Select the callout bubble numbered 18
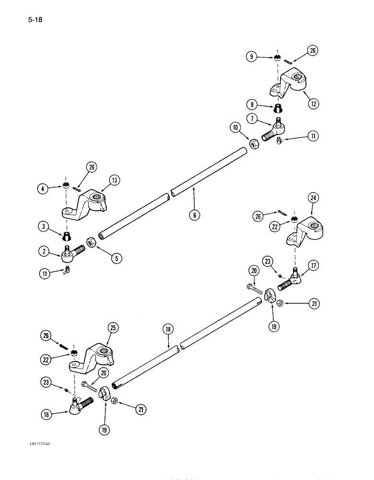(x=168, y=331)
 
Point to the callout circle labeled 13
(x=114, y=180)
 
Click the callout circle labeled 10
(x=235, y=127)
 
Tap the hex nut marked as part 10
(x=251, y=142)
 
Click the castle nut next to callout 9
(x=277, y=58)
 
